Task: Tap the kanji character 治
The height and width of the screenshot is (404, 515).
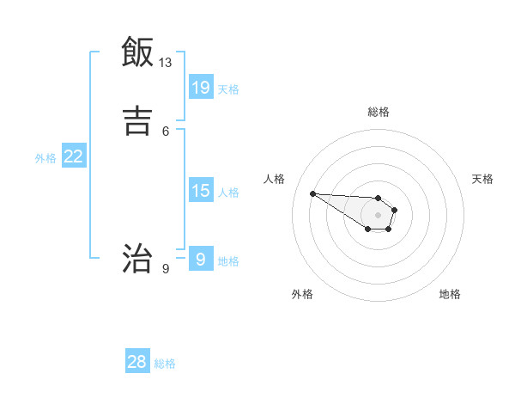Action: click(x=137, y=257)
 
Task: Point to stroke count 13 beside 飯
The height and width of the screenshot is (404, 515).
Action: click(x=166, y=63)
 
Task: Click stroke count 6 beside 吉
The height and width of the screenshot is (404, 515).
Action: click(x=166, y=131)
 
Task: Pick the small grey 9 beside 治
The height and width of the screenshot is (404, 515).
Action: click(x=166, y=269)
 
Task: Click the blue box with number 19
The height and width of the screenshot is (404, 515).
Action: click(x=201, y=87)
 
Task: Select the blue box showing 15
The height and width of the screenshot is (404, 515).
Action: click(x=201, y=190)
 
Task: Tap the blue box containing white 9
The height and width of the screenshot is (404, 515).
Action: click(x=201, y=258)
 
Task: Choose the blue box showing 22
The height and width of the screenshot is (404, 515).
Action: click(x=74, y=156)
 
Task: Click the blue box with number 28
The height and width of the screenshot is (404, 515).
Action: click(x=137, y=362)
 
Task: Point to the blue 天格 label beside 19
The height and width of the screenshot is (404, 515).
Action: click(x=228, y=89)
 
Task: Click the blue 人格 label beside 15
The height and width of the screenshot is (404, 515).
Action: click(x=228, y=193)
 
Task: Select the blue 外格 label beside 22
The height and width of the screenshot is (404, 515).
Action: click(x=45, y=158)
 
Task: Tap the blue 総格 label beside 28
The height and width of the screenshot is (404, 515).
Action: click(x=165, y=364)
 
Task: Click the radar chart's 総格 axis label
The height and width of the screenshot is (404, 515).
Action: click(x=379, y=112)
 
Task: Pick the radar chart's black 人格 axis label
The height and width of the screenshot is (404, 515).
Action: click(x=275, y=179)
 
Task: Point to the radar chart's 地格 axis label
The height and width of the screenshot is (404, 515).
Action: click(x=450, y=294)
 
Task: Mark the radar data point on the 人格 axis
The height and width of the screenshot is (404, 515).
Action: click(x=313, y=193)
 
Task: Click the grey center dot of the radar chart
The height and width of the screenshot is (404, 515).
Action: click(x=379, y=215)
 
